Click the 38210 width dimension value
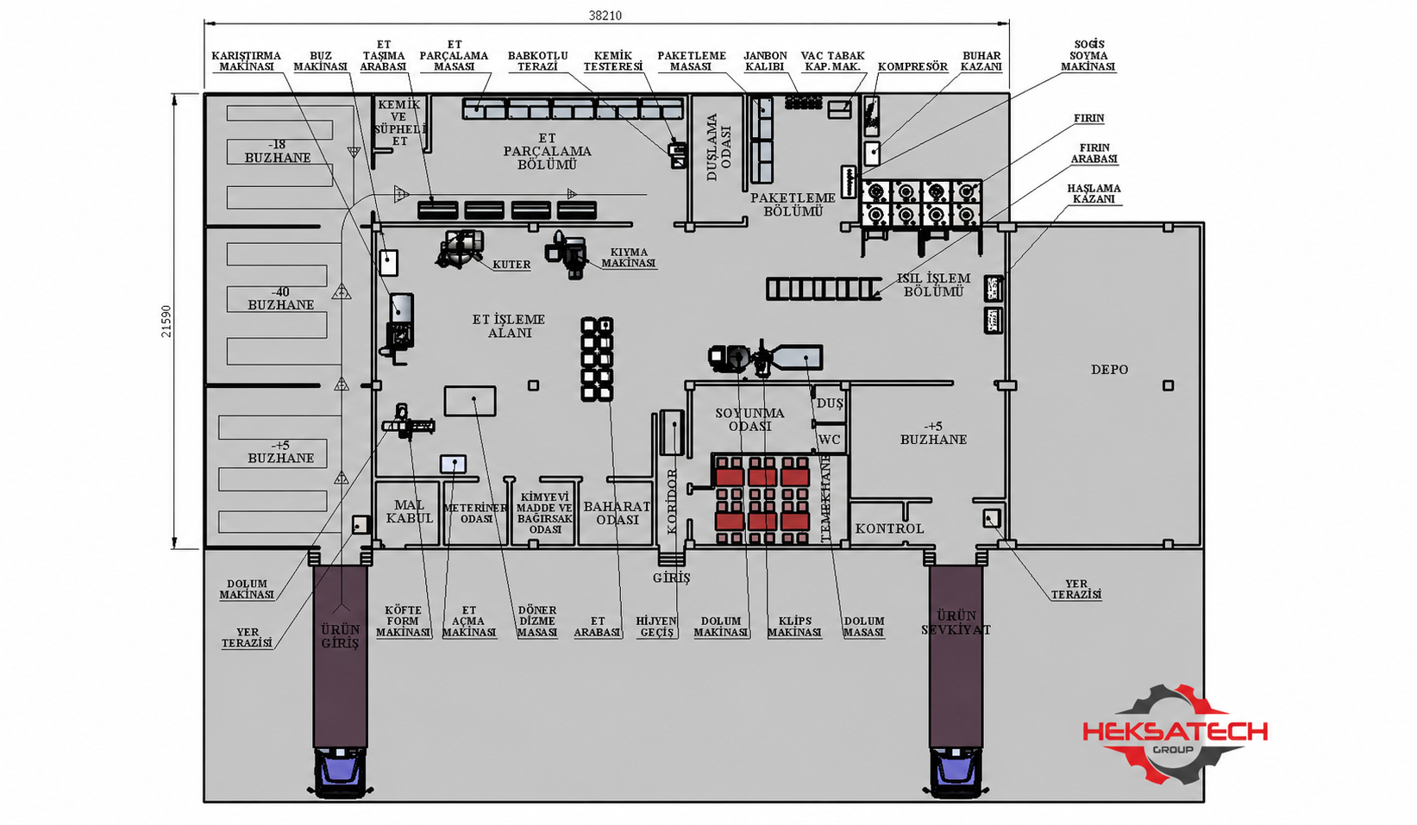[x=605, y=16]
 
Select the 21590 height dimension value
[x=166, y=322]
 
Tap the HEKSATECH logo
[x=1176, y=734]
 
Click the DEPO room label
[x=1110, y=369]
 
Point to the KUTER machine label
[x=511, y=265]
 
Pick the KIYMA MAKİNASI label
[x=629, y=257]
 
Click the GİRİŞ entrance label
[x=671, y=578]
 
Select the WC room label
[x=830, y=440]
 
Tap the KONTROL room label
[x=889, y=528]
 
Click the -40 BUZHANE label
[x=281, y=298]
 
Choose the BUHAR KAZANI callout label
[x=981, y=61]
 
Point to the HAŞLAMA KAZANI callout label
[x=1094, y=193]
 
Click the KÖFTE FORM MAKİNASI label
[x=403, y=621]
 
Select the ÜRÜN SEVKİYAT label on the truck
[x=956, y=622]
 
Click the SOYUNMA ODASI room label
[x=749, y=420]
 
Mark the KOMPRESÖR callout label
[x=912, y=66]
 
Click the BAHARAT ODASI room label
[x=617, y=513]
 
